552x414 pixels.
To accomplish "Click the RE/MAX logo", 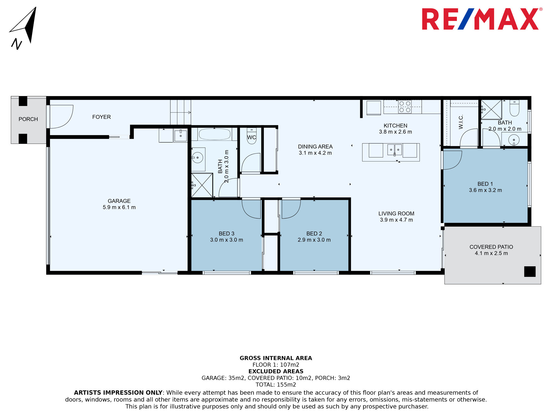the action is [482, 19].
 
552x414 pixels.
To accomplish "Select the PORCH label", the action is [28, 119].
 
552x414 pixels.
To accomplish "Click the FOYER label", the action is [102, 117].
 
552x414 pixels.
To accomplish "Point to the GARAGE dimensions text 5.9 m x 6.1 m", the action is [119, 207].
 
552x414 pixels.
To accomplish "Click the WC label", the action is [251, 137].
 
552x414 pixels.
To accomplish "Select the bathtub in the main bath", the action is [214, 134].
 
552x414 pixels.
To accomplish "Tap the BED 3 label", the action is [227, 233].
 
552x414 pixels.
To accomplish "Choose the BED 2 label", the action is [314, 233].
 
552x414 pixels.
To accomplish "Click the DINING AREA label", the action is [315, 147].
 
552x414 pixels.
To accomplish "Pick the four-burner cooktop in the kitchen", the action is [405, 107].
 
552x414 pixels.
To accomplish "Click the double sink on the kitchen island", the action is [394, 150].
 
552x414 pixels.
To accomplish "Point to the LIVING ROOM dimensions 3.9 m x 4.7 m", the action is [396, 220].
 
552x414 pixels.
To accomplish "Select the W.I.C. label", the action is [461, 122].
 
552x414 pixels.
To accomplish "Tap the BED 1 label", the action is [485, 184].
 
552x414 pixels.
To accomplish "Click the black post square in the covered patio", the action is [530, 272].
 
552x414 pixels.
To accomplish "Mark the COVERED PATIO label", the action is [491, 247].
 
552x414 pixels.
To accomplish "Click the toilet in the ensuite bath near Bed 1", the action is [514, 108].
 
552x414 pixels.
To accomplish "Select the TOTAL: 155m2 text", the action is [276, 385].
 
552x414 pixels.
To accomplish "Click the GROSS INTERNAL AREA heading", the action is [276, 358].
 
